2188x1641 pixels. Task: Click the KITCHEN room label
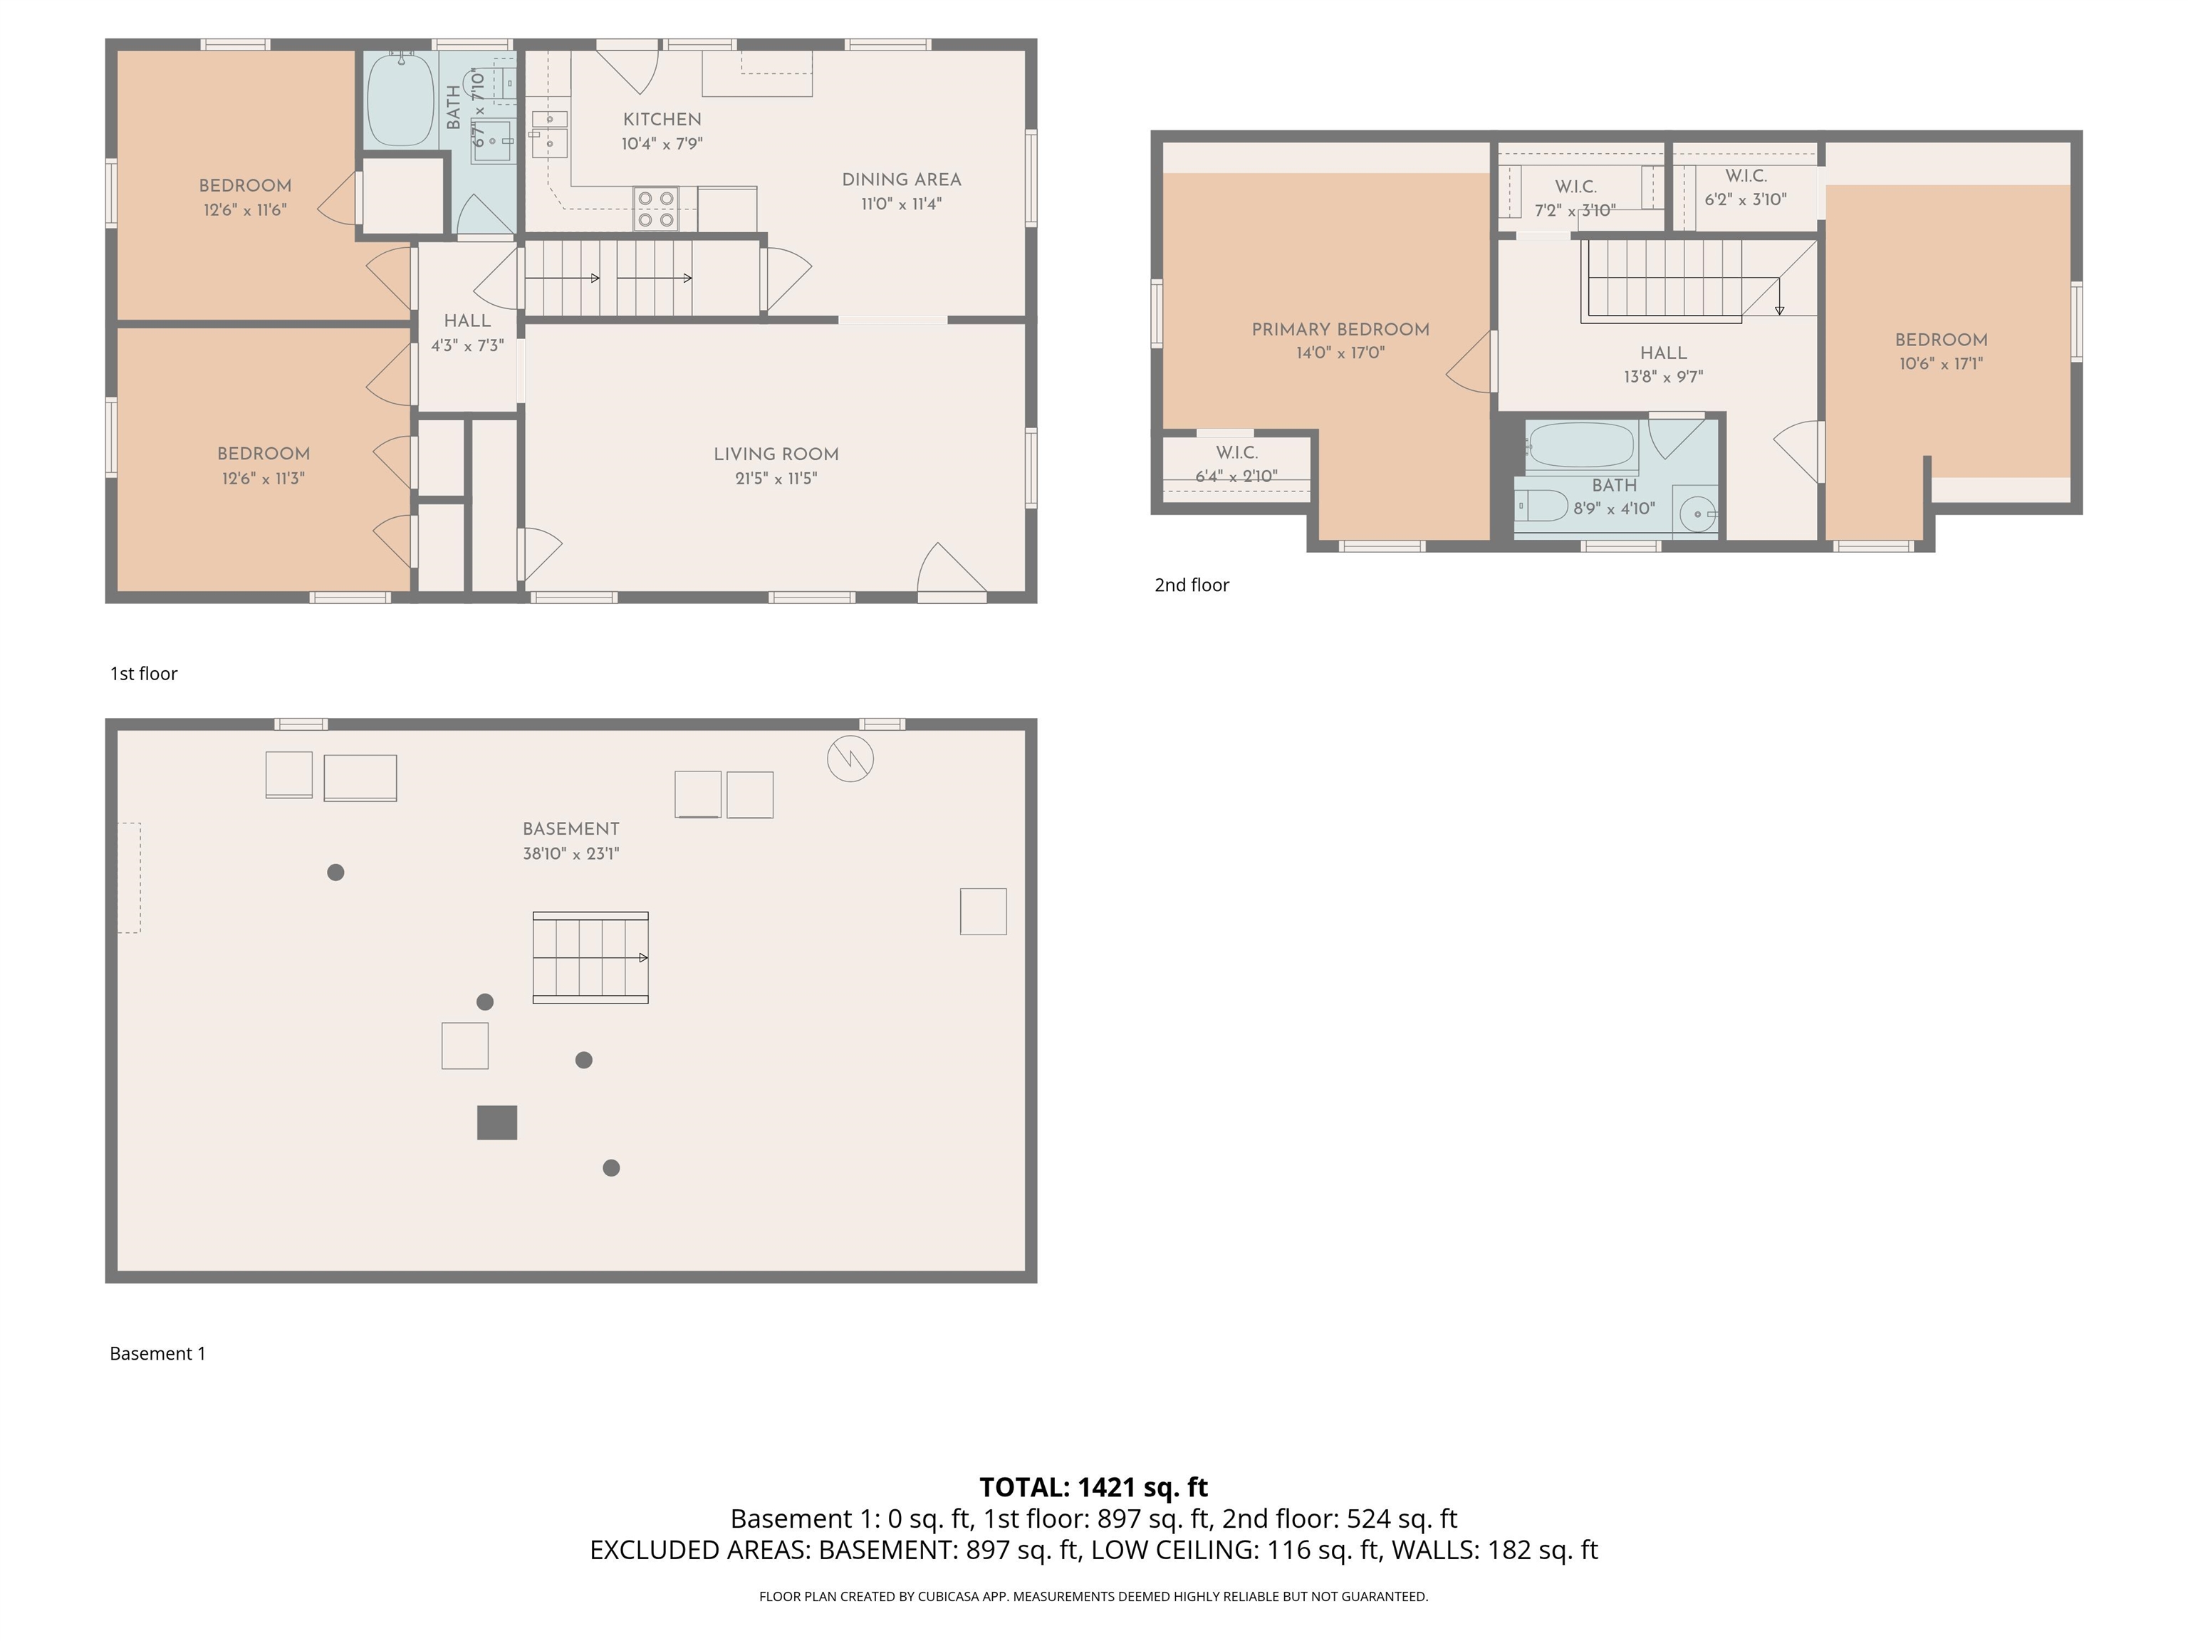[x=662, y=120]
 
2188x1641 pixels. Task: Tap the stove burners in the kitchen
[x=655, y=209]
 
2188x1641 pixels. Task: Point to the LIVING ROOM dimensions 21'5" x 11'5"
[x=776, y=479]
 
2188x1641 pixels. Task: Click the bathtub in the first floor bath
[x=400, y=100]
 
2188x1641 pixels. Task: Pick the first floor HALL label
[x=467, y=321]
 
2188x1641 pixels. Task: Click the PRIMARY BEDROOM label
[x=1340, y=329]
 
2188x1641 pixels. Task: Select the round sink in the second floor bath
[x=1697, y=514]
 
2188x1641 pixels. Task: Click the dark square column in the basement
[x=496, y=1122]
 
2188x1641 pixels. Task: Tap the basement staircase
[x=590, y=957]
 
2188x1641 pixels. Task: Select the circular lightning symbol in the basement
[x=850, y=759]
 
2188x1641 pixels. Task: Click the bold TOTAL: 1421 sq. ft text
[x=1093, y=1486]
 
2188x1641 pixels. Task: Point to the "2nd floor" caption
[x=1191, y=585]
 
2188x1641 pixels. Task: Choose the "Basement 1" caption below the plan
[x=157, y=1353]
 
